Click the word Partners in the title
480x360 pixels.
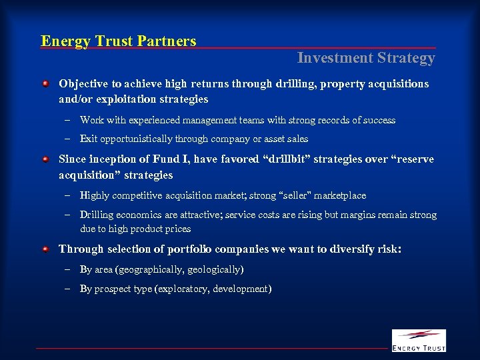tap(167, 41)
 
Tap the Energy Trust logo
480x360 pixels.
tap(418, 340)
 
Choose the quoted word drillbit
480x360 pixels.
tap(292, 159)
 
